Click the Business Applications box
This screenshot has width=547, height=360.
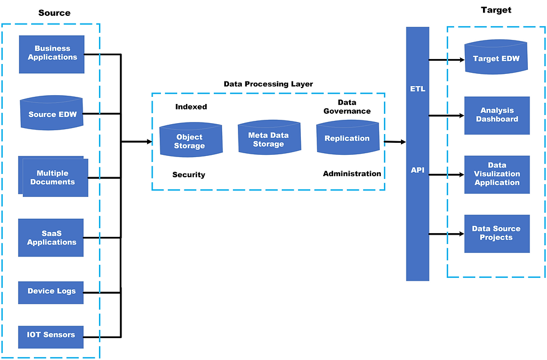pyautogui.click(x=52, y=54)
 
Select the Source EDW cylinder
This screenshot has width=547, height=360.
pyautogui.click(x=53, y=115)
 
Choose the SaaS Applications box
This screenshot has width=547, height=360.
pyautogui.click(x=51, y=238)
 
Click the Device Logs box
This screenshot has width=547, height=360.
pyautogui.click(x=51, y=292)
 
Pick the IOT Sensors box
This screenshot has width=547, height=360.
pyautogui.click(x=51, y=335)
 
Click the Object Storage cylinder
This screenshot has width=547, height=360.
pyautogui.click(x=189, y=141)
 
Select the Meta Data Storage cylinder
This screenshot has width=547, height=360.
pyautogui.click(x=269, y=138)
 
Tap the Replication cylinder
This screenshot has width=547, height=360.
pyautogui.click(x=347, y=138)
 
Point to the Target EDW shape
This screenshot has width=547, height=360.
pyautogui.click(x=496, y=59)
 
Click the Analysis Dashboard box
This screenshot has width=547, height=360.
pyautogui.click(x=497, y=115)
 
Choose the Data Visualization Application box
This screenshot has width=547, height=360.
pyautogui.click(x=497, y=174)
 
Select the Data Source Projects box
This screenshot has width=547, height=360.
pyautogui.click(x=497, y=234)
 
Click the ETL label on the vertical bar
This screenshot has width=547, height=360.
pyautogui.click(x=417, y=89)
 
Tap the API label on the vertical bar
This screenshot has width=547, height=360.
pyautogui.click(x=417, y=170)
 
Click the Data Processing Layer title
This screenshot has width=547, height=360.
pyautogui.click(x=268, y=84)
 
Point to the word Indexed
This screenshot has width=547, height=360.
pyautogui.click(x=191, y=107)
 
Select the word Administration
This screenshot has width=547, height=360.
pyautogui.click(x=352, y=173)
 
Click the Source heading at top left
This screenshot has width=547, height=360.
pyautogui.click(x=54, y=13)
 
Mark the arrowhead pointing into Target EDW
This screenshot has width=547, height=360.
pyautogui.click(x=461, y=59)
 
